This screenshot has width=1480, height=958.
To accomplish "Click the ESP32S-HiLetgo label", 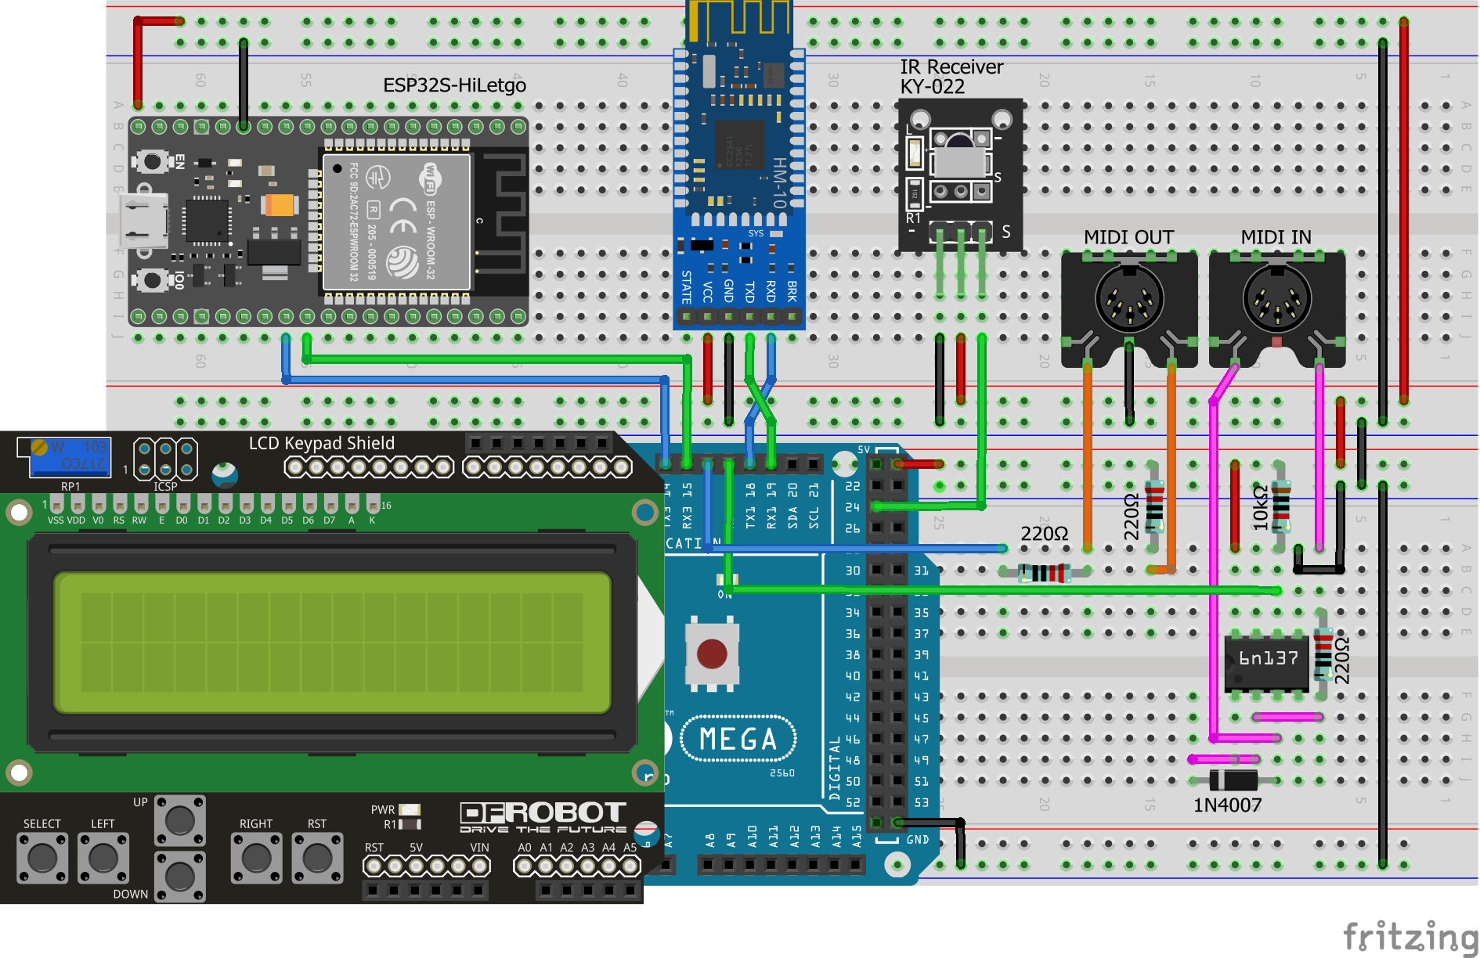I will tap(454, 85).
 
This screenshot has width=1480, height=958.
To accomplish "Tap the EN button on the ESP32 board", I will tap(152, 162).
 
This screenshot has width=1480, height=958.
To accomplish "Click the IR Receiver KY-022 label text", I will tap(951, 77).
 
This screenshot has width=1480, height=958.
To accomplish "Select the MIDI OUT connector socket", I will tap(1129, 300).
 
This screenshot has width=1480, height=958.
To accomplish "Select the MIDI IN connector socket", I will tap(1276, 300).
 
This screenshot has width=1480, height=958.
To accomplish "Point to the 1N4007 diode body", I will tap(1233, 780).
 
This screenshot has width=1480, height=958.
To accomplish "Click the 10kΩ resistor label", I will tap(1260, 508).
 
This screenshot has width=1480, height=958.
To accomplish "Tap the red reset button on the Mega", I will tap(712, 654).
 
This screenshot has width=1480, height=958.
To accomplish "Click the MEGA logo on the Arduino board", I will tap(738, 739).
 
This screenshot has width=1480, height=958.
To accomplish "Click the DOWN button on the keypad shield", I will tap(180, 877).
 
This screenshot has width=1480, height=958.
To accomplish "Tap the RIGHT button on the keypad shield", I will tap(256, 858).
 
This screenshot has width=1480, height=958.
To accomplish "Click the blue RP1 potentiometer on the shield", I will tap(69, 457).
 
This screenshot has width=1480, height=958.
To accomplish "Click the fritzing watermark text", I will tap(1410, 936).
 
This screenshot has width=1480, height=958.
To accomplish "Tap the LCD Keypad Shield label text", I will tap(321, 444).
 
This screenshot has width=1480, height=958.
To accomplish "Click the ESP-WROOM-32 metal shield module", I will tap(397, 221).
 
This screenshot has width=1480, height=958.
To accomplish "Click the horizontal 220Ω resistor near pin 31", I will tap(1045, 573).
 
